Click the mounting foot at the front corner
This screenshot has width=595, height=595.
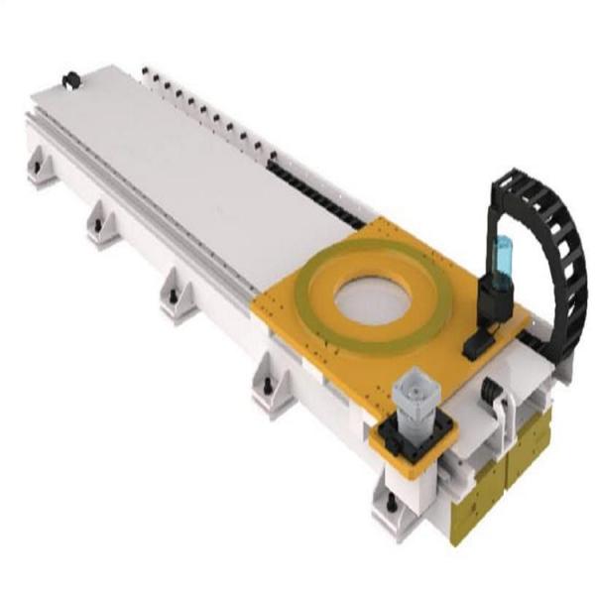click(392, 508)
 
